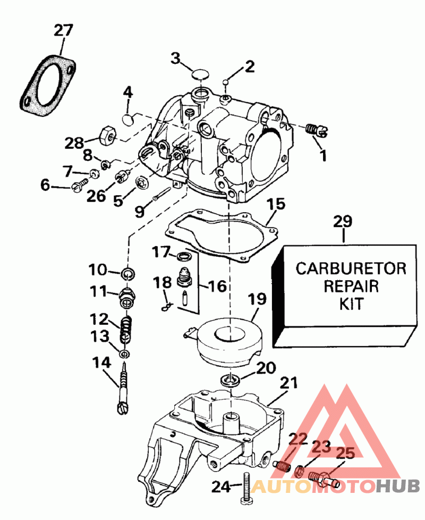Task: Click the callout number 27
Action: coord(63,30)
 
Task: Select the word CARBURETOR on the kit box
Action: coord(351,267)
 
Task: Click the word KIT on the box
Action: coord(351,305)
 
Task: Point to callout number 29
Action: coord(344,222)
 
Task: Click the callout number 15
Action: coord(276,204)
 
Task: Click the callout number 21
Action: coord(289,383)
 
